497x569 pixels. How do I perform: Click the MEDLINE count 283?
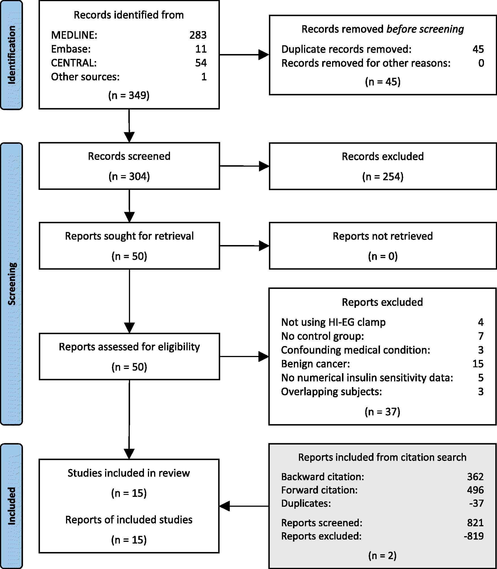click(x=198, y=35)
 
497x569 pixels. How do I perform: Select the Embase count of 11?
click(x=201, y=49)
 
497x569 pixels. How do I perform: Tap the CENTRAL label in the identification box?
click(x=74, y=63)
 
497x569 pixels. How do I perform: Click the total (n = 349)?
click(x=129, y=95)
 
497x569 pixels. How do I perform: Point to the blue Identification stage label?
click(x=11, y=55)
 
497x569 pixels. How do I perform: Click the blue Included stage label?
click(x=11, y=506)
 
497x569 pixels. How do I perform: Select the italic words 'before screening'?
click(x=425, y=29)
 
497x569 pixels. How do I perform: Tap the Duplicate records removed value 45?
click(x=478, y=49)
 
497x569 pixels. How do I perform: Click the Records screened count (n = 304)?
click(x=129, y=177)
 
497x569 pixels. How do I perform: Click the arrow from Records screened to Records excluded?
click(x=244, y=166)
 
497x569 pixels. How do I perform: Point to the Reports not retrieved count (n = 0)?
click(x=383, y=256)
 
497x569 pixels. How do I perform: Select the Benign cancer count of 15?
click(x=478, y=364)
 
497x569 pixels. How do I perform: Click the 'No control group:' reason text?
click(x=322, y=336)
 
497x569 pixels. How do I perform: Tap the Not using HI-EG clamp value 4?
click(x=481, y=322)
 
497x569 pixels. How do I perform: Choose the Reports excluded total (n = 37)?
click(x=382, y=412)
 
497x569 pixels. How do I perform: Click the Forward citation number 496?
click(x=475, y=490)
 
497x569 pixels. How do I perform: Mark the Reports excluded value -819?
click(x=474, y=536)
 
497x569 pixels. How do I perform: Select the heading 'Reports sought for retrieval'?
click(x=129, y=236)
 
